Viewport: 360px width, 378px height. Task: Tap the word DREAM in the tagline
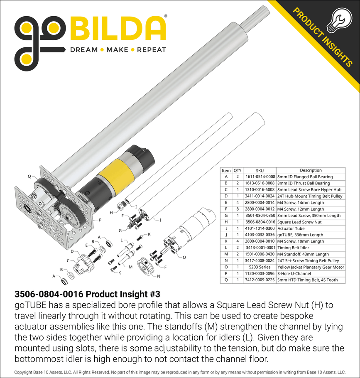click(x=83, y=50)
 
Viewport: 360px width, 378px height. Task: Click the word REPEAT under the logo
click(x=152, y=50)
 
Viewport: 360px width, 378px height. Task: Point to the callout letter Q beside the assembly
click(x=29, y=176)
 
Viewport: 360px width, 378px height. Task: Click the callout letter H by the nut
click(x=111, y=213)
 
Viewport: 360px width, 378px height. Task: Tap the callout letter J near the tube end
click(x=160, y=220)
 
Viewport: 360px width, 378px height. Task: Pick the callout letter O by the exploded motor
click(x=184, y=258)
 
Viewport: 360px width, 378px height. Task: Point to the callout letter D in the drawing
click(x=72, y=251)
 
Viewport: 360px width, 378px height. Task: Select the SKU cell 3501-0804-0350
click(x=260, y=216)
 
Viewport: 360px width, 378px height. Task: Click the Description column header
click(x=311, y=170)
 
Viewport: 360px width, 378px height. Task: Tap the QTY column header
click(x=238, y=170)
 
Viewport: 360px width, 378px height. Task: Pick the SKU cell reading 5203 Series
click(x=260, y=267)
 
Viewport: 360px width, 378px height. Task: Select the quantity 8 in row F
click(x=238, y=209)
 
